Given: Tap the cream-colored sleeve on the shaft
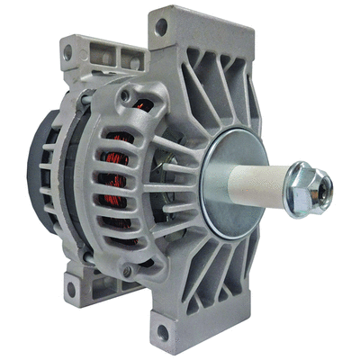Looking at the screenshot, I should pos(271,190).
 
